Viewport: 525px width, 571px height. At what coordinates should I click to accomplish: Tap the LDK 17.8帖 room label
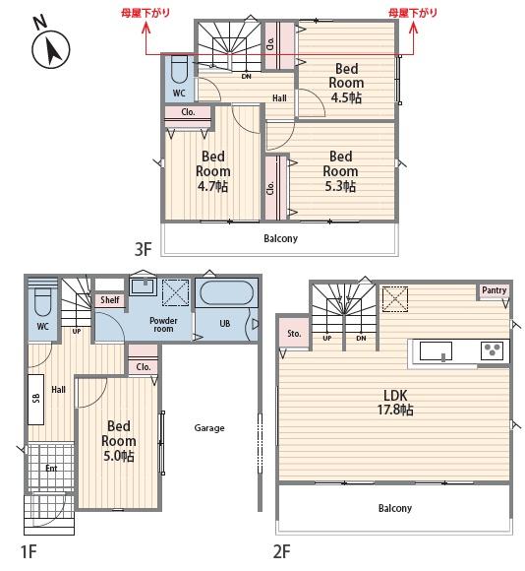(x=395, y=403)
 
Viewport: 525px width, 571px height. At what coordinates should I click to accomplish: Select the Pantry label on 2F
(x=495, y=290)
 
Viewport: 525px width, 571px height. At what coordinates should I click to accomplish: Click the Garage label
(x=209, y=428)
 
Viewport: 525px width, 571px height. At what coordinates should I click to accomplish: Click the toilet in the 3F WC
(x=179, y=69)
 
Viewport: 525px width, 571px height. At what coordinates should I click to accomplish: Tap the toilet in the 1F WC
(x=43, y=302)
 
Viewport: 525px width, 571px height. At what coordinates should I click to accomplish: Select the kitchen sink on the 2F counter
(x=436, y=351)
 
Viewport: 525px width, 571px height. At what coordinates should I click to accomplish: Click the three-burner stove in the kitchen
(x=493, y=350)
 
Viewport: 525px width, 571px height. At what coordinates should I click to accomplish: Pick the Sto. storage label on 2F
(x=294, y=333)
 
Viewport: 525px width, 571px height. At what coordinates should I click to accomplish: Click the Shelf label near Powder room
(x=110, y=299)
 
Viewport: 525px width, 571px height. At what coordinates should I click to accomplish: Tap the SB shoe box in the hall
(x=36, y=399)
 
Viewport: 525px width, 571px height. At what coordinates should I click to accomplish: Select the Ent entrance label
(x=51, y=468)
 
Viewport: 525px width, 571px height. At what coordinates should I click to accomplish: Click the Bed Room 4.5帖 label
(x=346, y=83)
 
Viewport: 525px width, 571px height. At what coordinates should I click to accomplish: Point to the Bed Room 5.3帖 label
(x=340, y=171)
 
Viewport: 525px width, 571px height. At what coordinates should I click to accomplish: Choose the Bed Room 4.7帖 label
(x=212, y=171)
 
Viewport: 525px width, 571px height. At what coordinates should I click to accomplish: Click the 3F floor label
(x=143, y=249)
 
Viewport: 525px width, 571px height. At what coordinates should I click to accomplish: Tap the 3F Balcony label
(x=280, y=238)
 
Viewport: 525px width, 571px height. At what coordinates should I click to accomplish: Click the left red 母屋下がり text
(x=146, y=13)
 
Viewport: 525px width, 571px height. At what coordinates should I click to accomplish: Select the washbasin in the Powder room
(x=144, y=286)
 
